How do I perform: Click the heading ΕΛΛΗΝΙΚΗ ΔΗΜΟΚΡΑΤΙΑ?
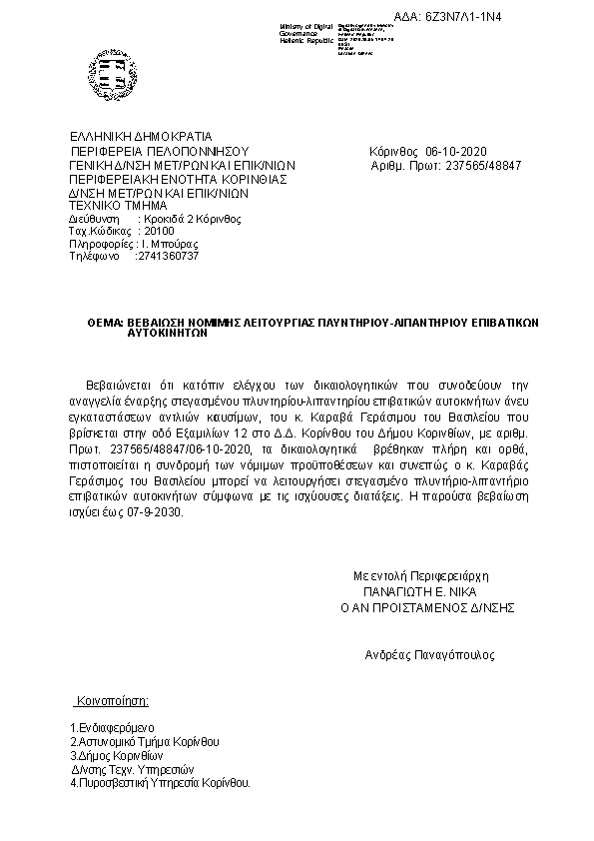[141, 136]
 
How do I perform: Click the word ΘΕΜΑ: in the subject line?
[104, 325]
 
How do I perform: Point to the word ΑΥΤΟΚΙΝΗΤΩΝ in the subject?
[167, 337]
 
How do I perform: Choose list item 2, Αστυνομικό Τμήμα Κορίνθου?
[145, 742]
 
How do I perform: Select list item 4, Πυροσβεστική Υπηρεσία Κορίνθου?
[160, 783]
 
